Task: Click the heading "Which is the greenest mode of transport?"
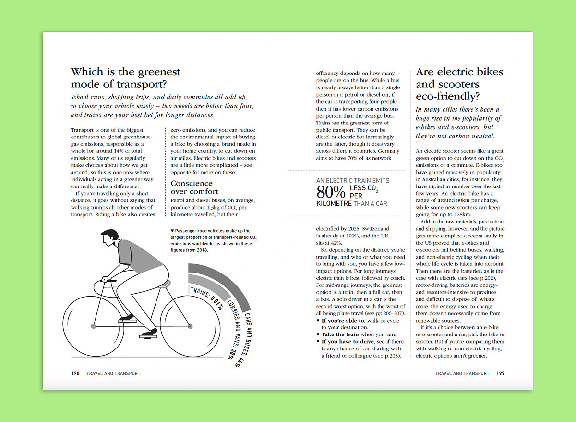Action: tap(126, 78)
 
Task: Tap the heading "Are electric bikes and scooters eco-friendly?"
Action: tap(459, 84)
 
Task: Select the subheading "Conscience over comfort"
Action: tap(195, 187)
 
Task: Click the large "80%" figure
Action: tap(331, 192)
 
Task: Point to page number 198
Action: tap(75, 373)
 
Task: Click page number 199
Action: tap(501, 373)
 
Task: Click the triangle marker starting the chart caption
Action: tap(172, 231)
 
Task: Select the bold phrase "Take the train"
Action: tap(340, 335)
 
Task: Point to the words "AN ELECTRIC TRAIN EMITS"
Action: tap(353, 181)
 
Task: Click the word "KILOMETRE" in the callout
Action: tap(334, 203)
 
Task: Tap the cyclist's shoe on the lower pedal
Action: tap(150, 332)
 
